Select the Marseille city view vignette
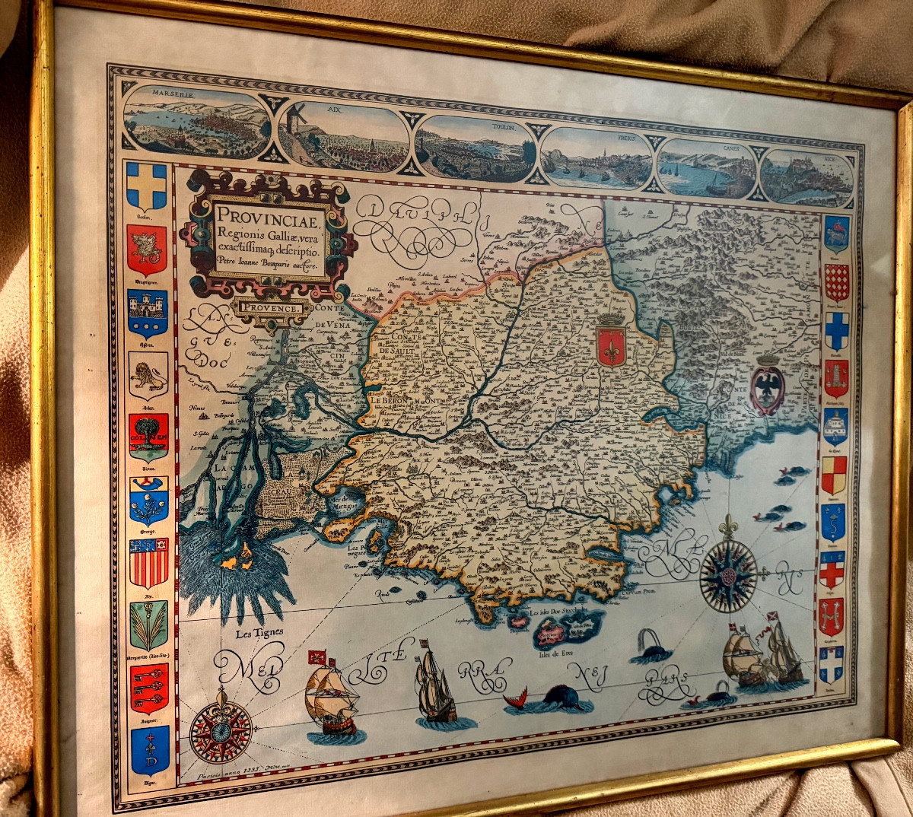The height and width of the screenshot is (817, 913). [197, 122]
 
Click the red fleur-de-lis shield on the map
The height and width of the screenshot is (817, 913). [611, 344]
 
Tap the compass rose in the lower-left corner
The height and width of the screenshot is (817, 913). [221, 730]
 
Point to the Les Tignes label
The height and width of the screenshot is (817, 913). [259, 632]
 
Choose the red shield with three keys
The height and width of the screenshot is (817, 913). [148, 687]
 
